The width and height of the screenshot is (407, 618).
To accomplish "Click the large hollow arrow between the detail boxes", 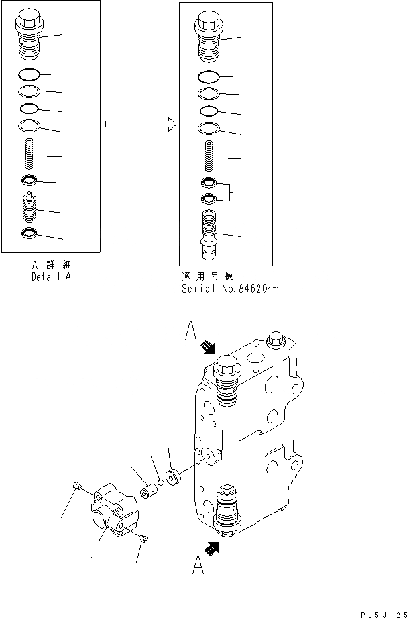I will point(139,124).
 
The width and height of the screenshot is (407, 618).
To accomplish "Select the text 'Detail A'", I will point(50,276).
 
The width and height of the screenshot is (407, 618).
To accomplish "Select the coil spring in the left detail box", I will point(29,155).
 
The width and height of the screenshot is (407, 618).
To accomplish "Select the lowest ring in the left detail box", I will point(29,234).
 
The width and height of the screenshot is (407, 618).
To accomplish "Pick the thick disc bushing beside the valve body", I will point(176,480).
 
